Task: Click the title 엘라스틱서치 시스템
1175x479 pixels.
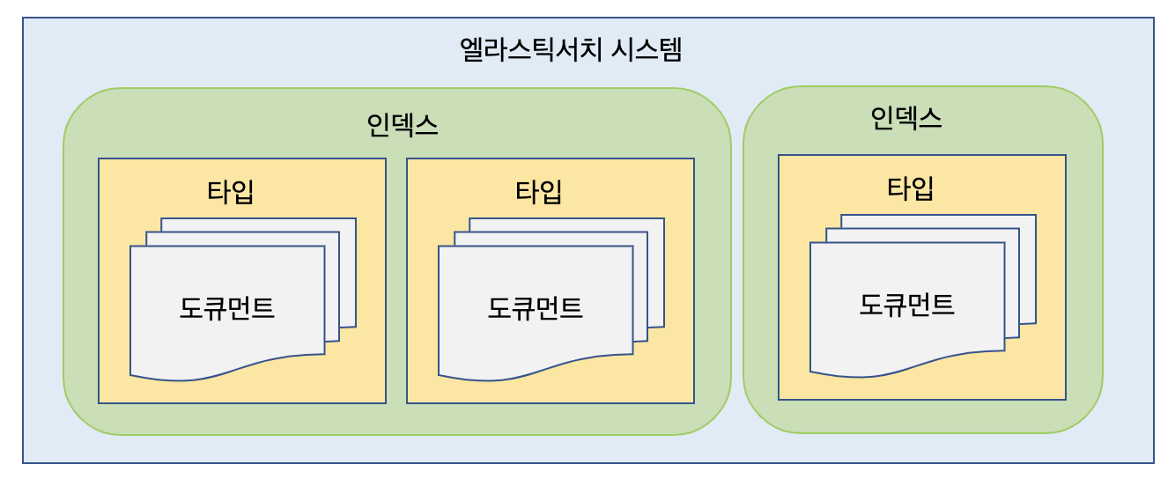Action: click(x=571, y=49)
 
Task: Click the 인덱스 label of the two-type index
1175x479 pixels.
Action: click(x=402, y=124)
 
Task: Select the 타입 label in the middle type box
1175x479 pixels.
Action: click(x=539, y=191)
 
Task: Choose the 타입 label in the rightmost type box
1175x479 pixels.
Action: click(x=911, y=188)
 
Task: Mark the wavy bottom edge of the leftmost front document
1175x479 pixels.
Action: click(x=227, y=370)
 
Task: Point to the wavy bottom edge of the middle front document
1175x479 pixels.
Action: click(x=536, y=370)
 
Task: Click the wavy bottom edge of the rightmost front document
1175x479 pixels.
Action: click(x=907, y=366)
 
